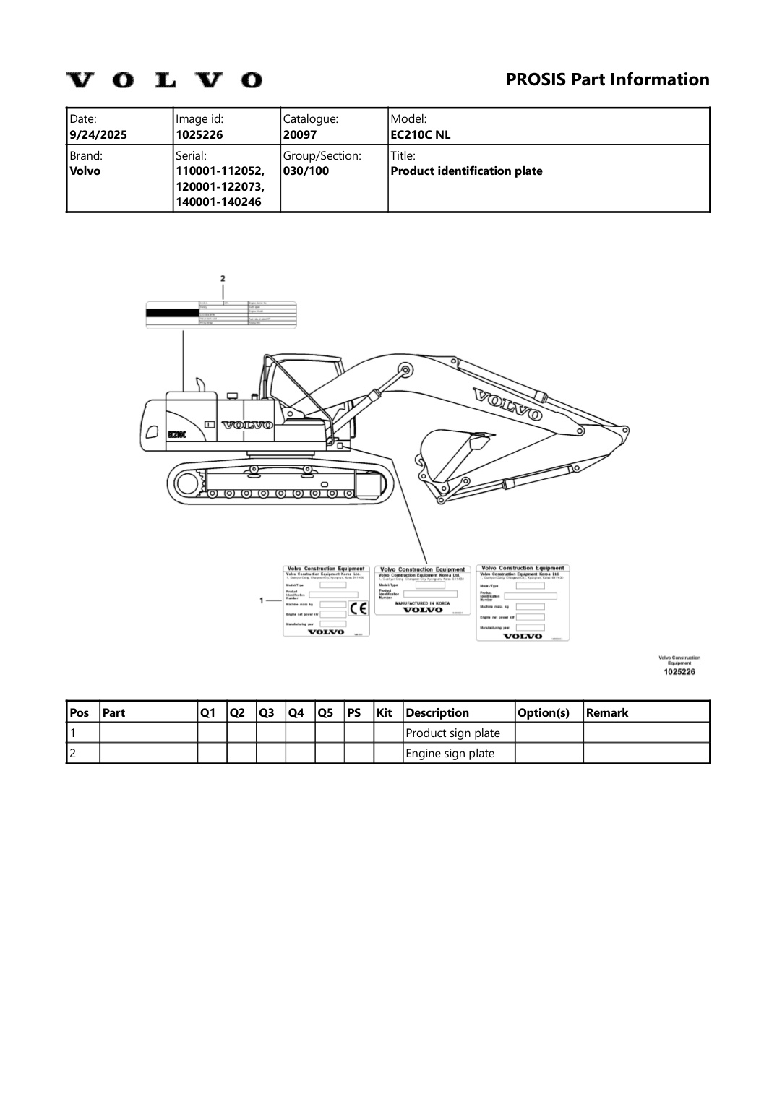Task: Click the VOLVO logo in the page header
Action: click(x=164, y=79)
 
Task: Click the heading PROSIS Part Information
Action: click(x=607, y=79)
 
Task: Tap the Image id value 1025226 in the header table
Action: click(x=199, y=134)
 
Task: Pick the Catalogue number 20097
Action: click(x=300, y=134)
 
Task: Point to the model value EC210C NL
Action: click(x=421, y=134)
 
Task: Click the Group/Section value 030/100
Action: click(x=306, y=171)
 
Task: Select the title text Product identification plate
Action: click(x=466, y=171)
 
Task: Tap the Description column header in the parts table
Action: click(x=437, y=712)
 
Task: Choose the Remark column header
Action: click(x=607, y=712)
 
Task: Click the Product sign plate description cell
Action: click(x=452, y=733)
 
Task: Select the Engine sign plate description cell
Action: click(x=450, y=753)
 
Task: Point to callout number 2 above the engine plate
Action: click(x=223, y=278)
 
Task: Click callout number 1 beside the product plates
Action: click(x=261, y=600)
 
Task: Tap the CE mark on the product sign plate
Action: click(x=358, y=608)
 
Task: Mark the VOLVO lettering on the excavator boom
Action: click(x=507, y=404)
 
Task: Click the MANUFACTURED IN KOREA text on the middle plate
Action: click(x=422, y=603)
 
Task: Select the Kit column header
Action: click(x=385, y=712)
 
